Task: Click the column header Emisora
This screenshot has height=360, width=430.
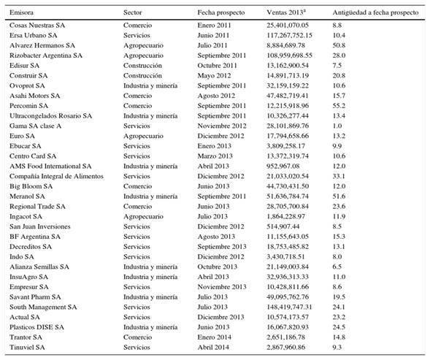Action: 21,12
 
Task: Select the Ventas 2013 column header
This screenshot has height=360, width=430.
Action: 286,12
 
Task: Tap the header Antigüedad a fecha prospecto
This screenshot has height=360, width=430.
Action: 375,12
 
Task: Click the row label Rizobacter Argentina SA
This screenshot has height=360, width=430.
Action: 46,55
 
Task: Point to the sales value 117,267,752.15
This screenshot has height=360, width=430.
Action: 289,35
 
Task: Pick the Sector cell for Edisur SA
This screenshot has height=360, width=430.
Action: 142,66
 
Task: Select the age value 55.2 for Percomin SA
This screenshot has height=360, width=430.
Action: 339,106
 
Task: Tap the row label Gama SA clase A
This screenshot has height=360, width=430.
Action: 35,126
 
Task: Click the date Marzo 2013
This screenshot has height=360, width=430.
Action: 215,156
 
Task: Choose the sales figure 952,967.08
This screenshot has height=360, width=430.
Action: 283,166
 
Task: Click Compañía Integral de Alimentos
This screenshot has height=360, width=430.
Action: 56,177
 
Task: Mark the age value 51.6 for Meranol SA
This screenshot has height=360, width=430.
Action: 339,196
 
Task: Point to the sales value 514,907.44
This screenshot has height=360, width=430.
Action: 283,226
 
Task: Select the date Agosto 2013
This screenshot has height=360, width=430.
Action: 216,237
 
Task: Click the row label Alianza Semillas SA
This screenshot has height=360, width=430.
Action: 39,267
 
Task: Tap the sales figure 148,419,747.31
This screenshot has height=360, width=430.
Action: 289,307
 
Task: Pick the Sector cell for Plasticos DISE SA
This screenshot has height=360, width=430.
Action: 150,327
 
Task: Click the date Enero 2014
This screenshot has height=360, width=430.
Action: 214,337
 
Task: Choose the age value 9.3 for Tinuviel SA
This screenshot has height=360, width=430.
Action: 337,348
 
